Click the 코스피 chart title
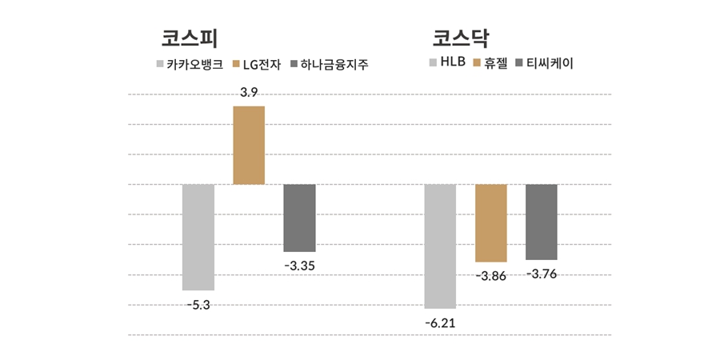[190, 39]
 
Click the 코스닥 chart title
[461, 39]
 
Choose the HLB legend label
[453, 62]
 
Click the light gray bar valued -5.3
[198, 237]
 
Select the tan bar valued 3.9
[249, 145]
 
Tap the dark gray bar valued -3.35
[299, 218]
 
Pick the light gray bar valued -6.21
[440, 246]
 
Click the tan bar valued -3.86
[490, 222]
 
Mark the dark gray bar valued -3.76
[541, 222]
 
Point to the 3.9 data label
[249, 93]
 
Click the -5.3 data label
[198, 304]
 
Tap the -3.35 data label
[299, 266]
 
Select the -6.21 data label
[440, 322]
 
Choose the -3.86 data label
[490, 276]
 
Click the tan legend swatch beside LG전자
[236, 64]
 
